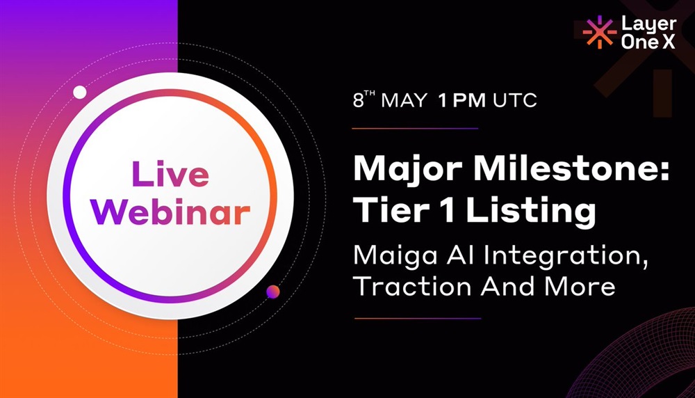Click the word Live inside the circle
pos(170,173)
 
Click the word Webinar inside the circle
pos(170,212)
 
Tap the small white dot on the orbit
pos(80,93)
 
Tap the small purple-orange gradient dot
pos(273,292)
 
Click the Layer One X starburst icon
pos(599,32)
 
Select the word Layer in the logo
pos(649,24)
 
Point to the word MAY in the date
pos(404,101)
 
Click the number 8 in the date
pos(358,101)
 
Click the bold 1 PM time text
pos(461,101)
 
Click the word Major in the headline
pos(408,169)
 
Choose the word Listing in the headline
pos(530,212)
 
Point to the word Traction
pos(412,287)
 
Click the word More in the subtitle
pos(580,287)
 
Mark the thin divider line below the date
pos(416,129)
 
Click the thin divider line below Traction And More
pos(418,318)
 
